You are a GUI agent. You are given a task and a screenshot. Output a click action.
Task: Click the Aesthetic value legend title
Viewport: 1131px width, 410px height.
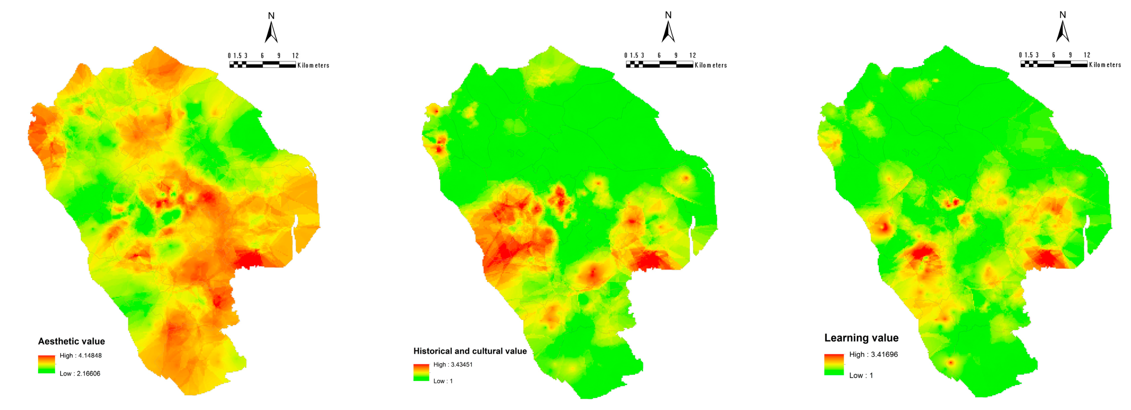(x=71, y=341)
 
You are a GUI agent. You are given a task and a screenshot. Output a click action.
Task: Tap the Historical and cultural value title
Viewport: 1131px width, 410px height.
(x=470, y=351)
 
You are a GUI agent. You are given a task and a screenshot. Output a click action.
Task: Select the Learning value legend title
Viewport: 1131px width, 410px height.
(x=861, y=338)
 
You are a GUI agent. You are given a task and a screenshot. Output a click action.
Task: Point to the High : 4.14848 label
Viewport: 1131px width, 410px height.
(x=80, y=356)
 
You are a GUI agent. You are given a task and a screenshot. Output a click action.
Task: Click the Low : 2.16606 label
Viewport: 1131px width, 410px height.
(x=79, y=374)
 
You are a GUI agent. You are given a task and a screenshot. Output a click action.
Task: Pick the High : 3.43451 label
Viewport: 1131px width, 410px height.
(x=453, y=364)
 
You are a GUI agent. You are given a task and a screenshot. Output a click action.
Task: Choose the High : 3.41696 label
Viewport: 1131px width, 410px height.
(x=873, y=354)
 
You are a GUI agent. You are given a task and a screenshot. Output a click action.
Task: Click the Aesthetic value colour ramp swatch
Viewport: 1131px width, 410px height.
(x=46, y=364)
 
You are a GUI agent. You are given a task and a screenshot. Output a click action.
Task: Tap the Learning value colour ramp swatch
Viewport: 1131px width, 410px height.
(x=833, y=364)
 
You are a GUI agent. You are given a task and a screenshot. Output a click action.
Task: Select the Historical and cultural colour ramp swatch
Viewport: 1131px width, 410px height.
(x=420, y=372)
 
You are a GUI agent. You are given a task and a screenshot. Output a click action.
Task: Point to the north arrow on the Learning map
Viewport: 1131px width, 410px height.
(x=1062, y=32)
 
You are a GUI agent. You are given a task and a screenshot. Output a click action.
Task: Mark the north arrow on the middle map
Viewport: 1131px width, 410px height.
(x=668, y=32)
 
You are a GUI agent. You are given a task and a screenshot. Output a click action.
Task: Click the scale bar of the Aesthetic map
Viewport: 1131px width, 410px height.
(x=262, y=65)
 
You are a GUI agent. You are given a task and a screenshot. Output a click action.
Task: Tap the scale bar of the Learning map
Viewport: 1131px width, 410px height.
(x=1054, y=64)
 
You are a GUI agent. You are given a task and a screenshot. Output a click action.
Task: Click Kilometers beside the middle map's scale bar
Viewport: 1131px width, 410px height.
(x=711, y=65)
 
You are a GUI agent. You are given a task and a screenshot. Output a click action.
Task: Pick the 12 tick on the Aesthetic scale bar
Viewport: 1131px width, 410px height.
(x=295, y=56)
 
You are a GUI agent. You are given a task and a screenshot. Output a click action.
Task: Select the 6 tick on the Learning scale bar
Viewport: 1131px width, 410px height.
(x=1053, y=55)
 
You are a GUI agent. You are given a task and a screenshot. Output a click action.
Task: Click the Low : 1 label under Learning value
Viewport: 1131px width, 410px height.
(x=861, y=375)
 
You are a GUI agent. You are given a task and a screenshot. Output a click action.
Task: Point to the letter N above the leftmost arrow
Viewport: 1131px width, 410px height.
(x=271, y=16)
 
